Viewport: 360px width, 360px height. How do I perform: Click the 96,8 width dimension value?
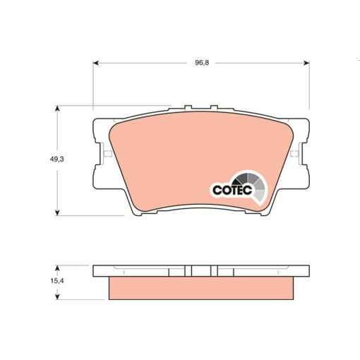point(202,63)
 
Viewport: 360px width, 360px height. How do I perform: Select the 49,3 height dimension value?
point(56,160)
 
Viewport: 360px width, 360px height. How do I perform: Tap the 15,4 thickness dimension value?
point(57,281)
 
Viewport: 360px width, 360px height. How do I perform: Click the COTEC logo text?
point(232,190)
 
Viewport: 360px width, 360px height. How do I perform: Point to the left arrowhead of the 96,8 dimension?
point(95,63)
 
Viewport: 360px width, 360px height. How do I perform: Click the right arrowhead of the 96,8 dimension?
point(306,63)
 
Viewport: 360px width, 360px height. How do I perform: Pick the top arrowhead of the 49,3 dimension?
point(56,108)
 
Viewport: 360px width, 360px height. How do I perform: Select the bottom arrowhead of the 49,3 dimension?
point(56,212)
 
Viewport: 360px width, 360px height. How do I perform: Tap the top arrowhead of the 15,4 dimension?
point(56,268)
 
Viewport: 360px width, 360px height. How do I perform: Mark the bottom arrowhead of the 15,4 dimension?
point(56,297)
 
